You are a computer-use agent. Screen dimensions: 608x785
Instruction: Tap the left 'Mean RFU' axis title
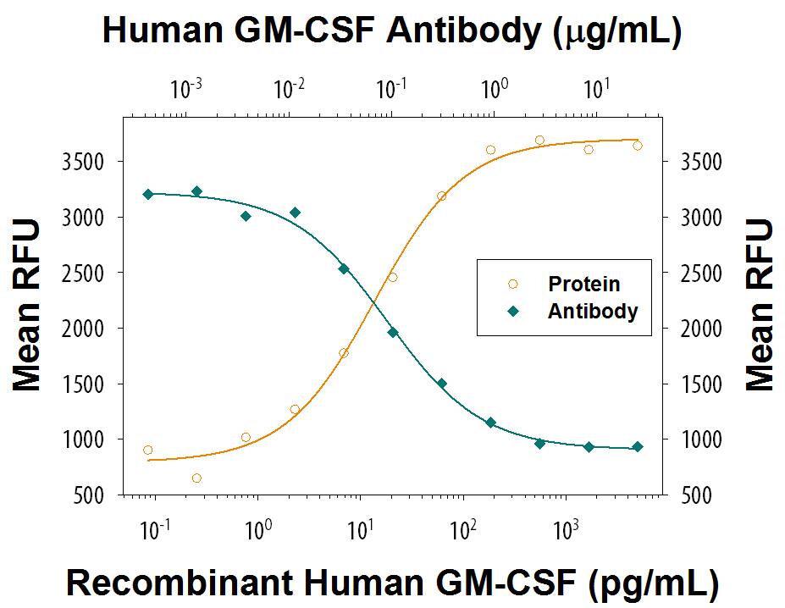28,306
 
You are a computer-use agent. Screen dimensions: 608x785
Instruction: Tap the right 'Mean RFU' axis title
760,306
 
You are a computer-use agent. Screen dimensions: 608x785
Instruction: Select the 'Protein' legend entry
583,285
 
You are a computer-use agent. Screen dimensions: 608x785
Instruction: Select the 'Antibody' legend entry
592,311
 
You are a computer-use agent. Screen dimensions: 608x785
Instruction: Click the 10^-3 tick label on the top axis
185,87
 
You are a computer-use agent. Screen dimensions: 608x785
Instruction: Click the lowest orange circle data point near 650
196,478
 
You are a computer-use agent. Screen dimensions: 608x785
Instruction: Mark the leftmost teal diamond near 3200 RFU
148,194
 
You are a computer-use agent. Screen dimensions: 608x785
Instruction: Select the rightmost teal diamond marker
638,446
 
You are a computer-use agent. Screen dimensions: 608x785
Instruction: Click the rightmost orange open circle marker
638,146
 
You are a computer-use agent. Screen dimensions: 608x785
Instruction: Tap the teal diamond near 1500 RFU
441,383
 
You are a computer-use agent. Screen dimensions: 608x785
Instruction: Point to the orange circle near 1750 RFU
344,353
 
